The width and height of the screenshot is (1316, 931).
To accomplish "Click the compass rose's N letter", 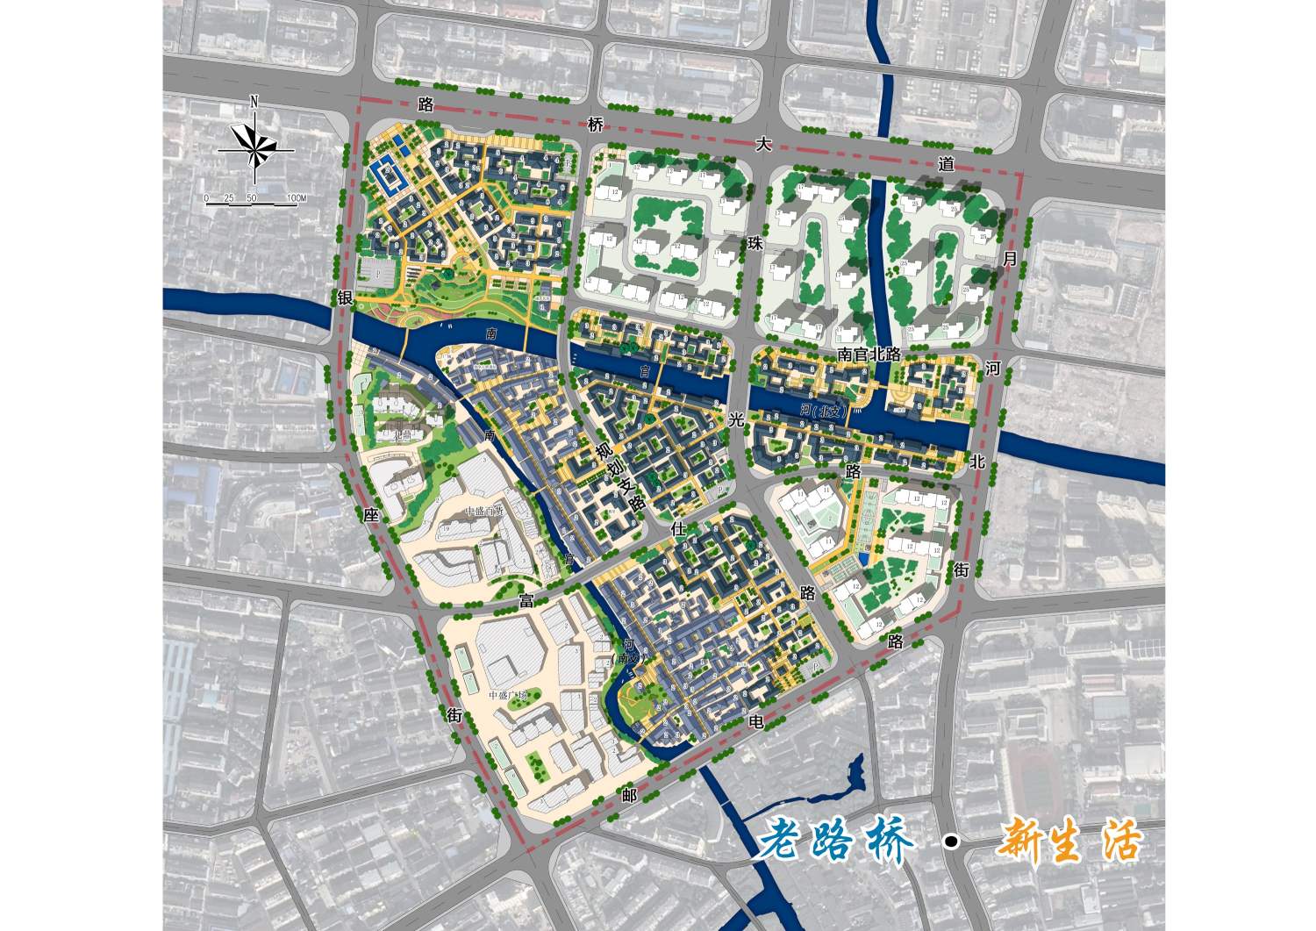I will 254,101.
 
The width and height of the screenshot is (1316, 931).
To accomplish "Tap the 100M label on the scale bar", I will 296,198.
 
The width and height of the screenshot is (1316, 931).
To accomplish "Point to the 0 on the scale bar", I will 207,198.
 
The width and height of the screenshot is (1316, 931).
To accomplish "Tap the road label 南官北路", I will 869,354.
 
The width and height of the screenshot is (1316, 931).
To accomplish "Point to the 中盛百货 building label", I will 485,511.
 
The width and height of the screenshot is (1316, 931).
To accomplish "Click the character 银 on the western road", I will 344,299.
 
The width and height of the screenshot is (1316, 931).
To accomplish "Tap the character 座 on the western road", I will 370,515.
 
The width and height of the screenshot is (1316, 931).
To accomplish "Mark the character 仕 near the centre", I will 677,529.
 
